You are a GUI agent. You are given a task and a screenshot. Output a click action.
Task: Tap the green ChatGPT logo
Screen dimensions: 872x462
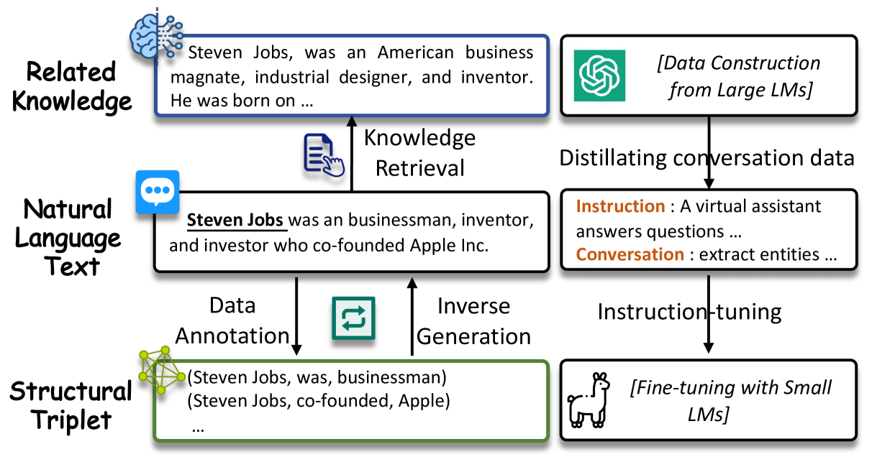point(599,75)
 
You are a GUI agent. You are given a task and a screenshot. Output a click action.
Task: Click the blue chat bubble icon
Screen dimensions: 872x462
point(158,192)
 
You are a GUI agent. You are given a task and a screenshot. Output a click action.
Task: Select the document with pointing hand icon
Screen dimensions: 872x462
point(324,155)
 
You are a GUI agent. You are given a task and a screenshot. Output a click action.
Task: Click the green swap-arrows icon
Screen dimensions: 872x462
point(353,318)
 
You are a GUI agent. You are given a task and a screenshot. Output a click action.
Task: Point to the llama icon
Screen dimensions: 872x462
point(589,400)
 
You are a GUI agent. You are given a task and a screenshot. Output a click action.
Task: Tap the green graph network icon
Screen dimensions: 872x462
point(162,369)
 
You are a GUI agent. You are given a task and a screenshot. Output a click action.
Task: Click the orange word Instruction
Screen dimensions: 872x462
point(620,206)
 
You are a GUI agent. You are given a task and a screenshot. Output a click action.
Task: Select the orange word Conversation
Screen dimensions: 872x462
point(630,254)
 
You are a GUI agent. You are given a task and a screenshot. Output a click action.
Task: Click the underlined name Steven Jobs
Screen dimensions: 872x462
point(235,220)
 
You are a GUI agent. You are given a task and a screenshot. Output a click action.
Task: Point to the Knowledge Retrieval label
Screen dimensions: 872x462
point(419,153)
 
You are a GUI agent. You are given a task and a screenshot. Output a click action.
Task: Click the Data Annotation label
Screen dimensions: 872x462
point(232,320)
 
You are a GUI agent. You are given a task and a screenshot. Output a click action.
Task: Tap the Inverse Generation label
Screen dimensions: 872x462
point(473,321)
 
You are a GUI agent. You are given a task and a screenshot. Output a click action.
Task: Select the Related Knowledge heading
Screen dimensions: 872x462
point(72,86)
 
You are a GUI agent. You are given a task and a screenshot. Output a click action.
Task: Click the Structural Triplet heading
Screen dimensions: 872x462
point(71,405)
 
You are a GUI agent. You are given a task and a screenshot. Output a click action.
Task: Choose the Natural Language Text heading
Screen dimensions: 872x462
point(68,237)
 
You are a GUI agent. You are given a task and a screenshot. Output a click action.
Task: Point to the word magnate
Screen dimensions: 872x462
point(207,78)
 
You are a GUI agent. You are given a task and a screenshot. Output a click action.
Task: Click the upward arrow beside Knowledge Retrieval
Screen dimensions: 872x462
point(352,153)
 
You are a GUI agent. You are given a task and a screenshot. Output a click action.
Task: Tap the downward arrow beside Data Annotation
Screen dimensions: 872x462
point(296,316)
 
